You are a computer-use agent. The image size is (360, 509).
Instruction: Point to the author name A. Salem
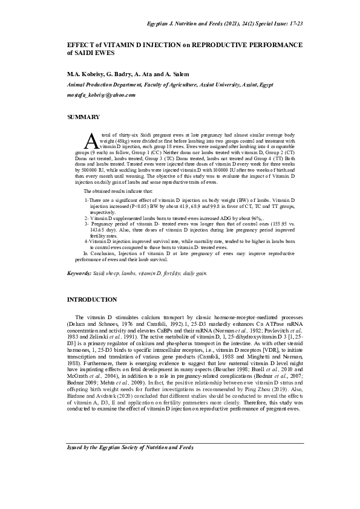[177, 74]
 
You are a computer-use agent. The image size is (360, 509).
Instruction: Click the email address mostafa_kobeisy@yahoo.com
[101, 96]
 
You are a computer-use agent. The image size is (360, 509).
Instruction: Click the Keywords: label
[79, 274]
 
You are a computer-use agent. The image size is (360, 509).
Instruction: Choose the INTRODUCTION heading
[92, 300]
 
